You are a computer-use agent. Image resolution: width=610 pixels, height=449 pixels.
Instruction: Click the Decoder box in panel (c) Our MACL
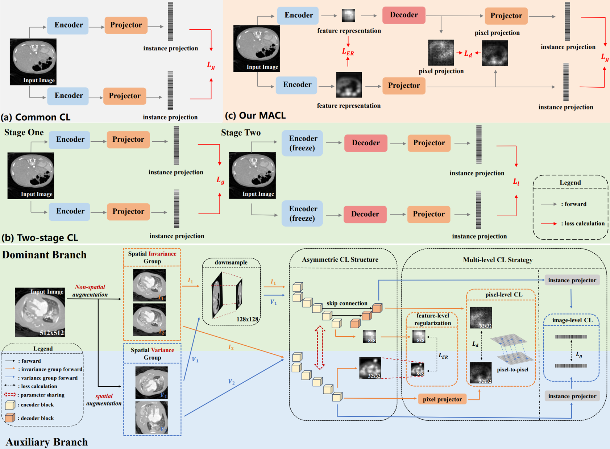click(x=403, y=15)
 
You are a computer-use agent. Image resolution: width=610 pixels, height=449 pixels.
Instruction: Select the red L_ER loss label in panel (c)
click(x=348, y=52)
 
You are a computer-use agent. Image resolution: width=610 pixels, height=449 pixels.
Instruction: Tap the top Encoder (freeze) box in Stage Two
click(x=303, y=143)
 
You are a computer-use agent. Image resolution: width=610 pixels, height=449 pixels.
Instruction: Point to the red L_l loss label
click(x=516, y=182)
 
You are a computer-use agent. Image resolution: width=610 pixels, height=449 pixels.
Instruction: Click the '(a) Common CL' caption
click(x=36, y=117)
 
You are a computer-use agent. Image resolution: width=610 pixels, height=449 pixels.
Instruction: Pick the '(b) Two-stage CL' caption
click(x=40, y=238)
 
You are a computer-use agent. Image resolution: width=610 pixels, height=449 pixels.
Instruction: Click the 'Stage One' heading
click(x=24, y=132)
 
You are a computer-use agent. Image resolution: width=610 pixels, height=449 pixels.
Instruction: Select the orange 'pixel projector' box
click(x=442, y=399)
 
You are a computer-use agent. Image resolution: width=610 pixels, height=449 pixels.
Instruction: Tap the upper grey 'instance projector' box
click(x=572, y=280)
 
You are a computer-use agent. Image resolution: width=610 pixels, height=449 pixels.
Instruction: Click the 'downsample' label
click(x=231, y=262)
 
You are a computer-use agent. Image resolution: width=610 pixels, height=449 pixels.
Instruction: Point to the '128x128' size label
click(x=247, y=319)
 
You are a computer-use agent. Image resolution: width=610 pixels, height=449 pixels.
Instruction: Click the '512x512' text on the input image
click(x=52, y=332)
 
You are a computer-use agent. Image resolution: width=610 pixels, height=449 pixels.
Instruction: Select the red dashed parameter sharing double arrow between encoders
click(x=319, y=347)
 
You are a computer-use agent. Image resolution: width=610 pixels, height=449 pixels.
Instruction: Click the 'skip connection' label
click(x=347, y=303)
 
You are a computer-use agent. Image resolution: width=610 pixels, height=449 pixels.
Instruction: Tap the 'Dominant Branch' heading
click(x=44, y=255)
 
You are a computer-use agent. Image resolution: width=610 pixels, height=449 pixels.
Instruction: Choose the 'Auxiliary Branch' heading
click(x=47, y=442)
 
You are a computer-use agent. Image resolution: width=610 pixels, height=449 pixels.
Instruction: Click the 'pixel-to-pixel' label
click(x=513, y=370)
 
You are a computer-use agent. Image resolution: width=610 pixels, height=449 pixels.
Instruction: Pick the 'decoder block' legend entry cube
click(x=10, y=418)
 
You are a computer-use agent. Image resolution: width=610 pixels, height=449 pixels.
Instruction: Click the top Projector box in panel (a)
click(x=126, y=25)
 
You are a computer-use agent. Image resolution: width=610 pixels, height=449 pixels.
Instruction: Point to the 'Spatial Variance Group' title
click(x=152, y=354)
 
